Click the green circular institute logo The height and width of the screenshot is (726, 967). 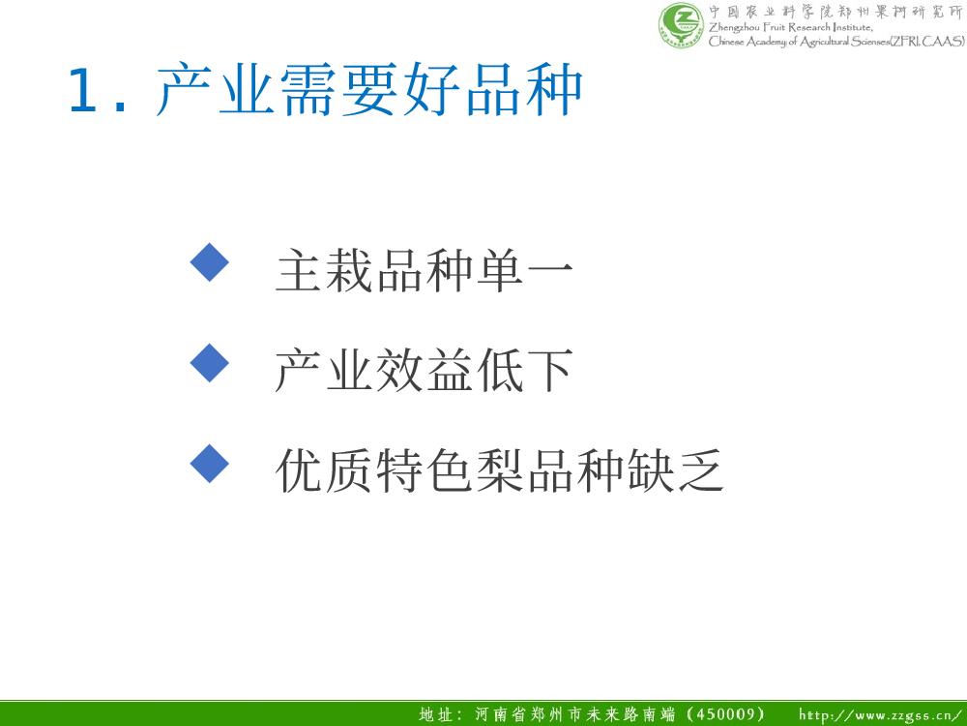coord(681,25)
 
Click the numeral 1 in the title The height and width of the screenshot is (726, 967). coord(82,90)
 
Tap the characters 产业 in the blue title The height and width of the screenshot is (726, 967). coord(216,89)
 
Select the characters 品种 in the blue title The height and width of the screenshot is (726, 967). coord(523,89)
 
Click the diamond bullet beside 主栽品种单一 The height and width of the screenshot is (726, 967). coord(210,262)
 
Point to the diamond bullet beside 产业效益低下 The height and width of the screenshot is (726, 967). coord(210,363)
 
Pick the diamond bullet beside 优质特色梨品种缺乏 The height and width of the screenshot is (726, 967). coord(210,464)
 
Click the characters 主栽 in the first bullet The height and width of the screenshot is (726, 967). coord(325,270)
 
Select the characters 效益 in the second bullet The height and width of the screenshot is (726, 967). coord(425,371)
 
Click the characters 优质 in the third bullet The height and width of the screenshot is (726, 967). coord(325,470)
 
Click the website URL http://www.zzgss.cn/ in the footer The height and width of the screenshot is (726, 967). coord(881,715)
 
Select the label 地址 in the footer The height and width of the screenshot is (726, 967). coord(436,715)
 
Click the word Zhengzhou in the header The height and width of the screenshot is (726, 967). coord(734,28)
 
